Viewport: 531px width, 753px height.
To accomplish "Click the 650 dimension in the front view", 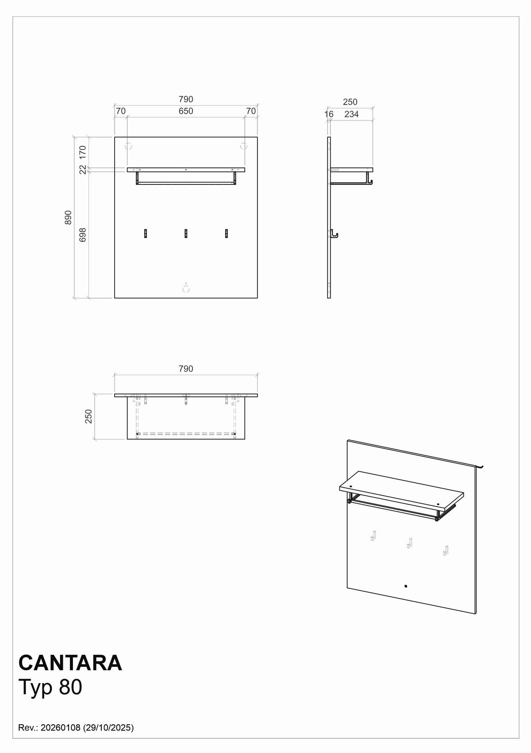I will (x=186, y=111).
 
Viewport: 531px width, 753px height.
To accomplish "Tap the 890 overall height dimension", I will (x=68, y=218).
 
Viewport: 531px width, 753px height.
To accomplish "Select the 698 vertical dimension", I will (x=83, y=234).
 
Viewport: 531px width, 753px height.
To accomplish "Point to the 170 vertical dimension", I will (x=83, y=152).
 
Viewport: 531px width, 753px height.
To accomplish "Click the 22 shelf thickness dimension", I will (x=83, y=169).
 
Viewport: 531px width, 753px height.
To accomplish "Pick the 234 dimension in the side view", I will (x=351, y=114).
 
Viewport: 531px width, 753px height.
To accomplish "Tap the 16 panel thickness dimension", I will (x=329, y=114).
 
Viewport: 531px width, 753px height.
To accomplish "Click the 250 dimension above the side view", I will (x=350, y=102).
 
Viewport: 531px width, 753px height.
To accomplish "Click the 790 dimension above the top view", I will (x=186, y=369).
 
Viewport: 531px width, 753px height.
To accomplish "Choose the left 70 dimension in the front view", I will (x=121, y=111).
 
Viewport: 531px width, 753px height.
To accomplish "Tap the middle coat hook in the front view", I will (x=186, y=233).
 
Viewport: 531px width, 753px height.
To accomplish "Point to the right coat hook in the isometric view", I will (x=445, y=550).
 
